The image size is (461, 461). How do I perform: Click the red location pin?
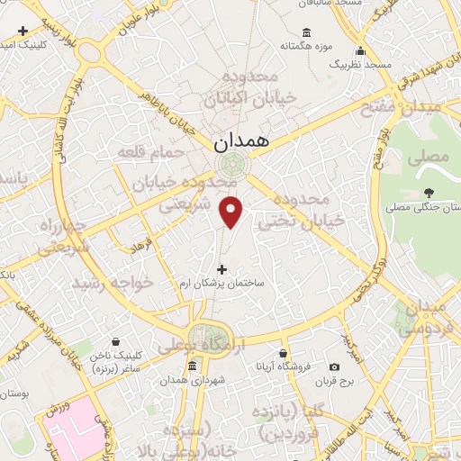point(231,211)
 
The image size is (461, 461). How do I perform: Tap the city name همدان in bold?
point(240,142)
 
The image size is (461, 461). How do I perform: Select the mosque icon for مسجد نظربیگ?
point(360,50)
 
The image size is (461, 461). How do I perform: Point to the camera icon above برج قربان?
point(335,366)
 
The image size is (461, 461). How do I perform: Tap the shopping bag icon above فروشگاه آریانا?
point(284,353)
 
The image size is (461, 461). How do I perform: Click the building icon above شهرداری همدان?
point(192,366)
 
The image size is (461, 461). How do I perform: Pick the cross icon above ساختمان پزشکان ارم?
point(222,267)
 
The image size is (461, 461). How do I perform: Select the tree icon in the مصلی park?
point(429,192)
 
